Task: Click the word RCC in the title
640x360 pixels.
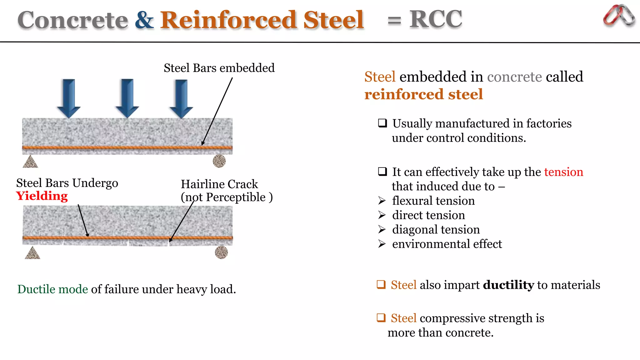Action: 436,19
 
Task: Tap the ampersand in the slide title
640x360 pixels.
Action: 144,20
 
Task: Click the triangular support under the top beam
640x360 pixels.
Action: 30,162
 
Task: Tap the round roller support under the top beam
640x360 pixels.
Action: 219,161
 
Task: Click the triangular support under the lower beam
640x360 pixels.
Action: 32,253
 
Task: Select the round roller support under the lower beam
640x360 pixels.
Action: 221,252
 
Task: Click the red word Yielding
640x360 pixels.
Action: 42,196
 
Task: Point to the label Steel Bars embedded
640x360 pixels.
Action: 219,68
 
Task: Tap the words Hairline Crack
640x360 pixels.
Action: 219,184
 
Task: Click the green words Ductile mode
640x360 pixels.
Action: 52,289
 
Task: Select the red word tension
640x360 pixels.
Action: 563,172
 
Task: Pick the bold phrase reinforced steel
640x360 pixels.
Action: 423,94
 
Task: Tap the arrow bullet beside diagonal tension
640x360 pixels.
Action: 382,230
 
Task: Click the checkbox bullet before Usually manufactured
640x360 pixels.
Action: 382,123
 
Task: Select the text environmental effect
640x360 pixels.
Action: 447,244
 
